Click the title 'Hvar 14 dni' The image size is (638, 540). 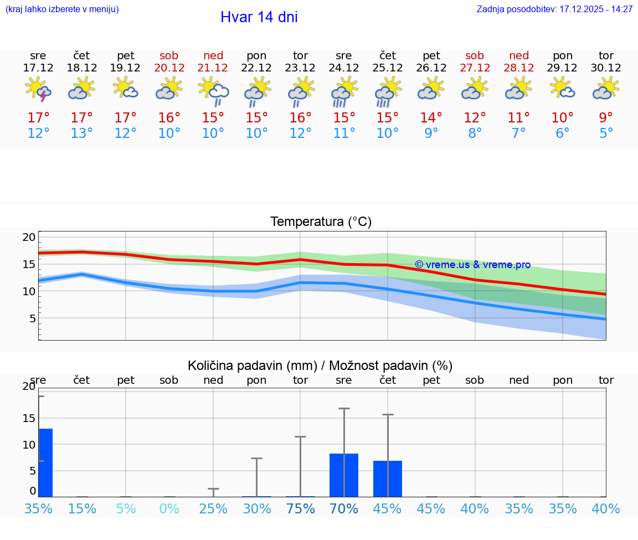point(259,17)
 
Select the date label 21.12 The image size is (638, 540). point(213,68)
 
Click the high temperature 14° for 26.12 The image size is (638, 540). point(431,117)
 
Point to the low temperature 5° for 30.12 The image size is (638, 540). point(606,133)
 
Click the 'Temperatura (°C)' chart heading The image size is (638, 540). point(321,222)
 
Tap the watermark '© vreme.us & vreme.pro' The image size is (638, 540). point(472,265)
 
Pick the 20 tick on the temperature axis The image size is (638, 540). point(29,237)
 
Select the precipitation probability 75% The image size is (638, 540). point(301,508)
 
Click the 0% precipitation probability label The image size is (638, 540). point(169,508)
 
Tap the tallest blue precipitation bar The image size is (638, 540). point(45,462)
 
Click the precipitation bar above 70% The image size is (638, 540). point(344,475)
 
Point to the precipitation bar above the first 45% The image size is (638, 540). point(388,479)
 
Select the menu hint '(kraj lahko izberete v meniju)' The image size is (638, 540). point(62,9)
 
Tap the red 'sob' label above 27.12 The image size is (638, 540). point(475,55)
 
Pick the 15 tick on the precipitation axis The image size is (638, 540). point(29,418)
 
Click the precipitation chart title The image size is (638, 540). point(320,366)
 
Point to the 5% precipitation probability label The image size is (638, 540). point(126,508)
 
